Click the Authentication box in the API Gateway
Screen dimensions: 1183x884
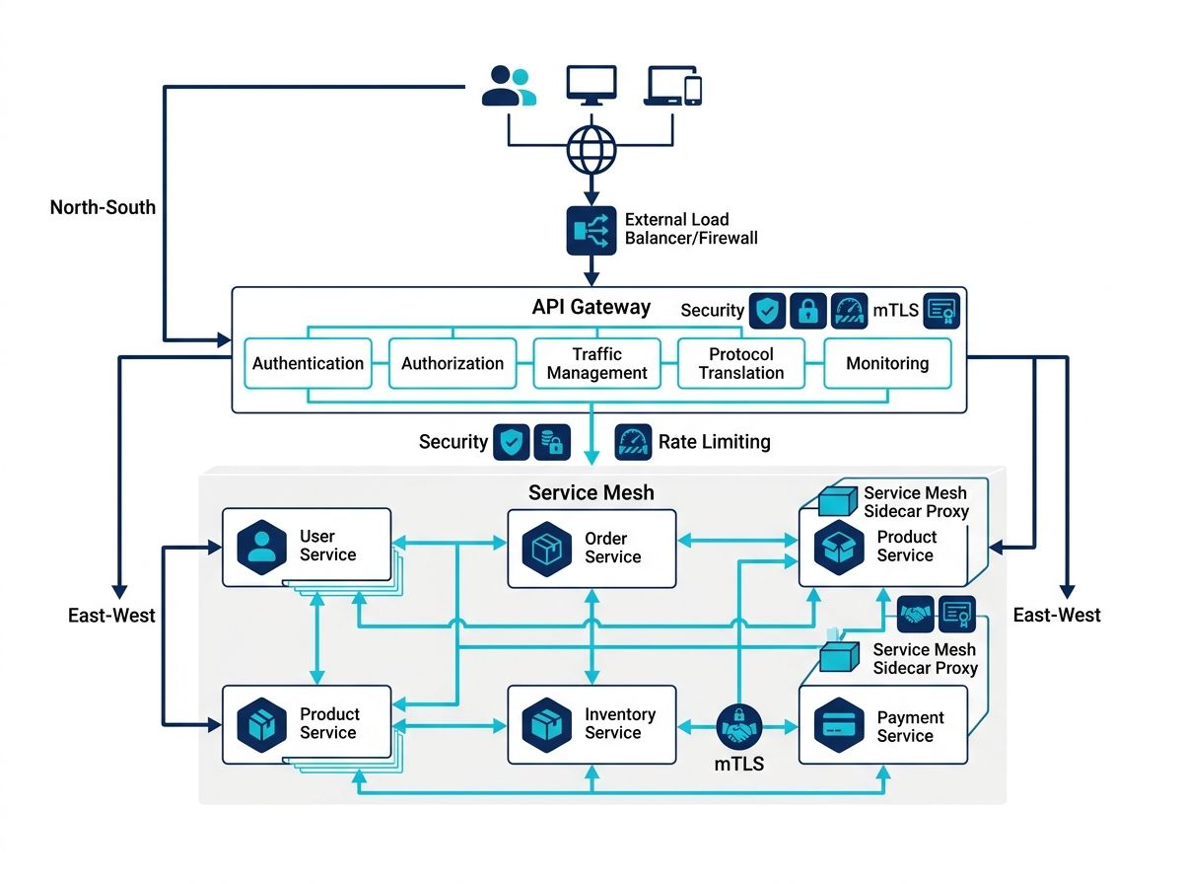click(308, 363)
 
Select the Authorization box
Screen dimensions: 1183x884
click(452, 363)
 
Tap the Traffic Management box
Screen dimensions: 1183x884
click(596, 363)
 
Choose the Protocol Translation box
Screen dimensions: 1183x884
click(741, 363)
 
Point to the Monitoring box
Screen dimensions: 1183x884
click(887, 363)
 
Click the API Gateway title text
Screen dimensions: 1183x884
click(591, 307)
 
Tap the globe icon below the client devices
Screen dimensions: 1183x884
click(591, 150)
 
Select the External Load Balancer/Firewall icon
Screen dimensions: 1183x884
click(591, 230)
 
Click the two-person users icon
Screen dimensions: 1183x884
click(509, 85)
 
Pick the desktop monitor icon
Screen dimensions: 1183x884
click(591, 85)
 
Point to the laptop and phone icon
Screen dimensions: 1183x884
click(672, 85)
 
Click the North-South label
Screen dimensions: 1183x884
click(103, 207)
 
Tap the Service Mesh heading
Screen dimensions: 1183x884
click(591, 492)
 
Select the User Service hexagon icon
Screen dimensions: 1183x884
click(261, 547)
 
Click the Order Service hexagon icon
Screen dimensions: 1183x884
click(546, 549)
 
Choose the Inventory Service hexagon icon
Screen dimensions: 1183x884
click(546, 725)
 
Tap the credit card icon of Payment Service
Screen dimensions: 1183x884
click(839, 725)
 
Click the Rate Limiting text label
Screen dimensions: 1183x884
click(714, 442)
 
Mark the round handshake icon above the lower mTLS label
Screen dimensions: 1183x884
click(739, 726)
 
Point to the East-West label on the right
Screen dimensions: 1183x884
click(1057, 615)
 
